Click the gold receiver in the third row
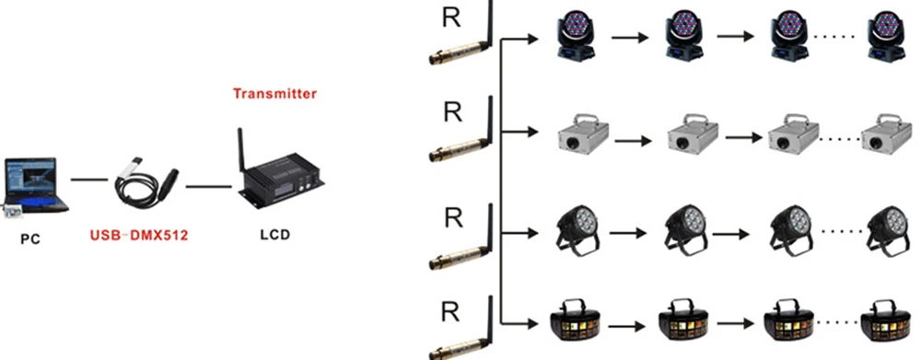[457, 246]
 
